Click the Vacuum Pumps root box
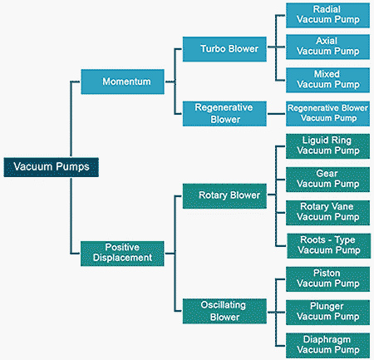point(52,167)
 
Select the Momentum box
point(122,81)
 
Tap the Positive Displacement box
point(122,254)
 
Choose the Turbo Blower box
point(224,49)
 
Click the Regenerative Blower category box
point(224,114)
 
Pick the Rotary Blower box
point(224,196)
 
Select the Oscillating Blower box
point(224,311)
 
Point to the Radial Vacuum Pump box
point(327,16)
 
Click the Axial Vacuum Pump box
point(327,47)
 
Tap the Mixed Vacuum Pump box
point(327,80)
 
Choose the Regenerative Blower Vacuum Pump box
point(327,114)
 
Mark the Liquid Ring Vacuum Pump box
point(327,146)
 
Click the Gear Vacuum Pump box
point(327,180)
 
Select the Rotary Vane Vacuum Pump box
point(327,213)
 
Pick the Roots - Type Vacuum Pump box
point(329,246)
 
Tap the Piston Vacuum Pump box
point(327,279)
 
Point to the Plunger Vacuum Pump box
point(327,313)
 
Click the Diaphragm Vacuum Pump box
point(327,346)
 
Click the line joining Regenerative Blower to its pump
point(276,114)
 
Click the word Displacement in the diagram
point(122,258)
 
